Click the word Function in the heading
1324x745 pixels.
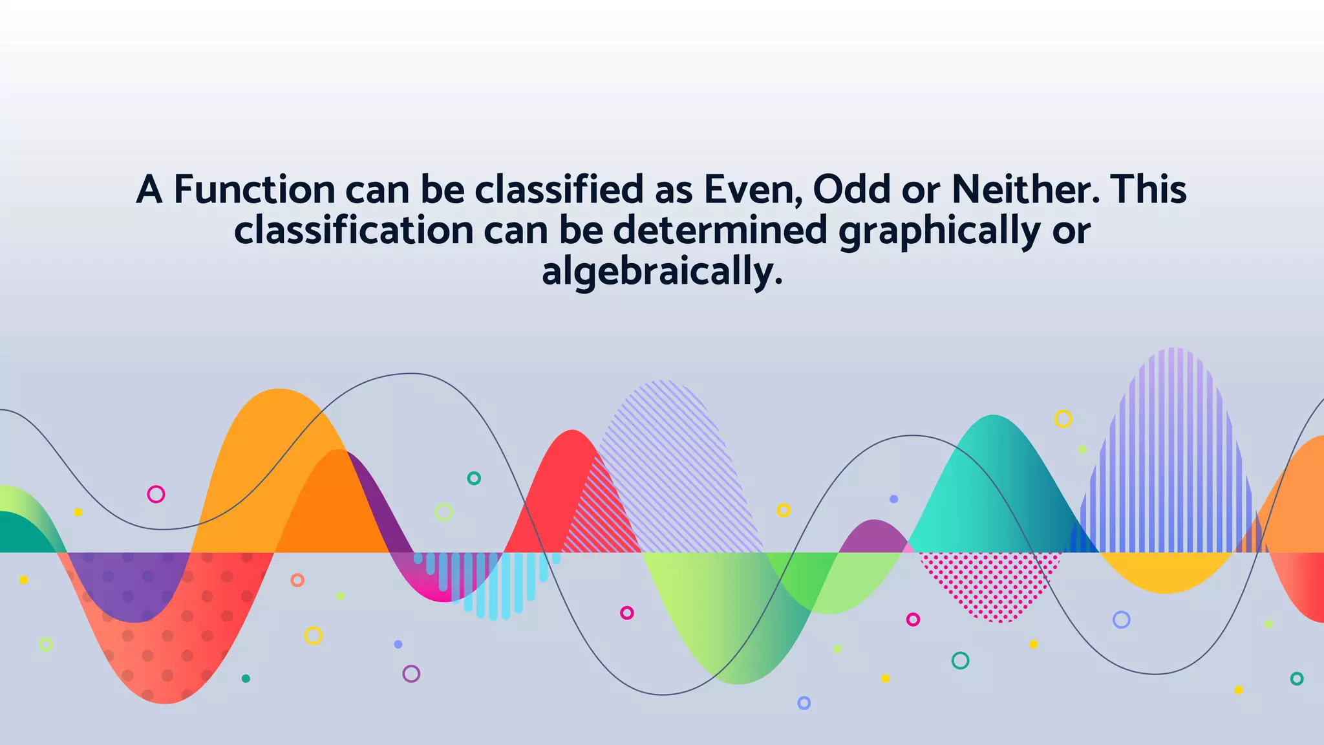[254, 190]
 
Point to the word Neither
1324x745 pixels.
[1025, 190]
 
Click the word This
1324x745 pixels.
[1148, 190]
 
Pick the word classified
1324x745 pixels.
[559, 190]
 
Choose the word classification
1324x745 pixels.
[354, 231]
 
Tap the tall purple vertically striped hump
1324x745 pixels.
[1173, 453]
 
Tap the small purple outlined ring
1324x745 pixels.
[411, 674]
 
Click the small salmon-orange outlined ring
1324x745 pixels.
[297, 580]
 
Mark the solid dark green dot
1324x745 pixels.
[246, 678]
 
